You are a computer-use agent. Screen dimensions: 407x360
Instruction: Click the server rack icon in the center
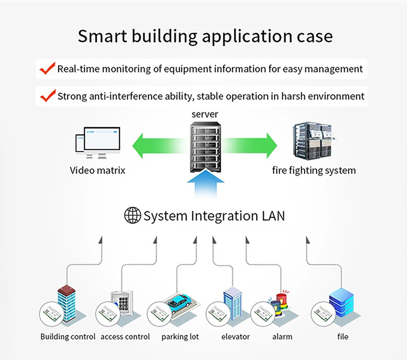pos(205,147)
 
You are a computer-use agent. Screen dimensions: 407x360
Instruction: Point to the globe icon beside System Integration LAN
pos(132,215)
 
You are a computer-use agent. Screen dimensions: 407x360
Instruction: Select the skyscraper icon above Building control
pos(67,303)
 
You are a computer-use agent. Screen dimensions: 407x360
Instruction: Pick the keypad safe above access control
pos(122,302)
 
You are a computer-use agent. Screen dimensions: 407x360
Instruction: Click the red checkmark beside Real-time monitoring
pos(48,68)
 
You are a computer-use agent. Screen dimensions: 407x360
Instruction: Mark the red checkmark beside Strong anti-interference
pos(48,96)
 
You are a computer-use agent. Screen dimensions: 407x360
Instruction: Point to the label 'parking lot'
pos(180,336)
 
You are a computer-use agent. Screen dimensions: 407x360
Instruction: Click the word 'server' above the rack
pos(205,114)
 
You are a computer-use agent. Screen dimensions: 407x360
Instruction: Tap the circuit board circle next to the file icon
pos(323,314)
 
